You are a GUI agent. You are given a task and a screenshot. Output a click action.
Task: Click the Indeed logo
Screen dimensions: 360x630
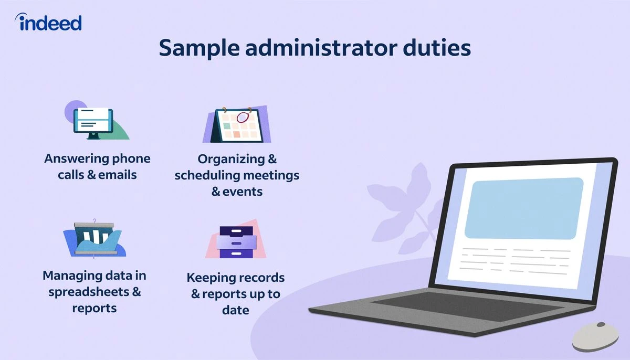tap(49, 23)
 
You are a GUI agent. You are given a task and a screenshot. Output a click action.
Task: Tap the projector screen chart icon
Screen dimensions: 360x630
tap(94, 238)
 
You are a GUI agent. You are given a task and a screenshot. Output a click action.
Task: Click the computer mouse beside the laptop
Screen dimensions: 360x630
tap(595, 336)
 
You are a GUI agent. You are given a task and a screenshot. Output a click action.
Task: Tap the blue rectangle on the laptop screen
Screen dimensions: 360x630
tap(524, 208)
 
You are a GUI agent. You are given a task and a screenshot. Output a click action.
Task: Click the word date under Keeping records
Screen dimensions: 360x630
tap(235, 310)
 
